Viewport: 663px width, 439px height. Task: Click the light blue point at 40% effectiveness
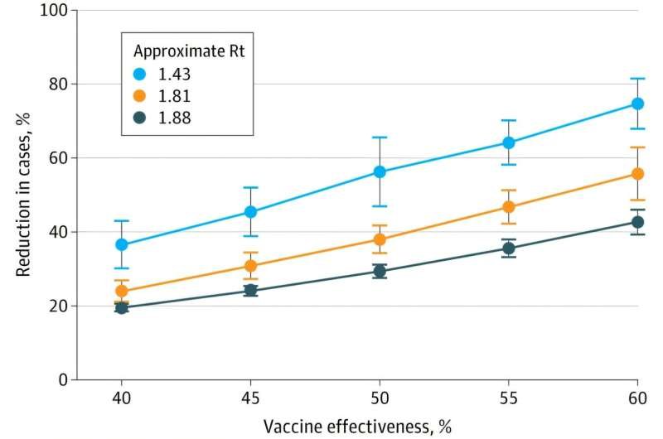[x=122, y=244]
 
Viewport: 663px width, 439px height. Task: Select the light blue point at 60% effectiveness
[x=637, y=104]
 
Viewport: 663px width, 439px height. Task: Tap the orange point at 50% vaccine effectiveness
[x=380, y=239]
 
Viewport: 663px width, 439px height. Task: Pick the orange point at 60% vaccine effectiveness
[x=637, y=174]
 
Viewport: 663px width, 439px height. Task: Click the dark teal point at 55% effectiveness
[x=509, y=248]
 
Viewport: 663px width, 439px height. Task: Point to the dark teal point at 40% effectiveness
[x=122, y=307]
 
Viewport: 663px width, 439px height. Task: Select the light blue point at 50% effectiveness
[x=380, y=171]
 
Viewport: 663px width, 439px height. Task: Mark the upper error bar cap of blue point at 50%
[x=380, y=137]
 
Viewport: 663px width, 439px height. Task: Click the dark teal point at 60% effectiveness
[x=637, y=222]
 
